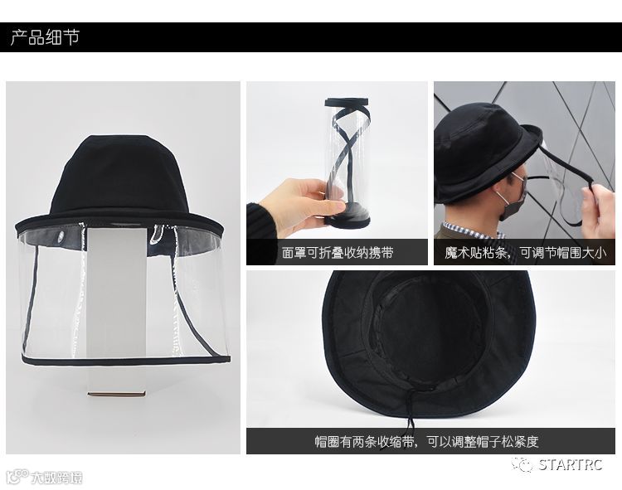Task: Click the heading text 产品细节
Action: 45,37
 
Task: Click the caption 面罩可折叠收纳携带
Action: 338,253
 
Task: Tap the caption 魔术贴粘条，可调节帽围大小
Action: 525,253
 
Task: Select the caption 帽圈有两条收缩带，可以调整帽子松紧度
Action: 426,441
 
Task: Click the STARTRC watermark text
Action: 571,464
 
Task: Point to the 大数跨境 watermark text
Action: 56,478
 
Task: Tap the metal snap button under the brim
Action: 61,236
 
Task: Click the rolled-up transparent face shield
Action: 347,158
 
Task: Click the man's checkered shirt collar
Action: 472,230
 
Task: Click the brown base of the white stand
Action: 117,394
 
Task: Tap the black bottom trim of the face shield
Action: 126,361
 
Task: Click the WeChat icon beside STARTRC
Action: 522,464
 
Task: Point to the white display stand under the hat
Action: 116,309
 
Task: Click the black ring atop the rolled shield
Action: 347,103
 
